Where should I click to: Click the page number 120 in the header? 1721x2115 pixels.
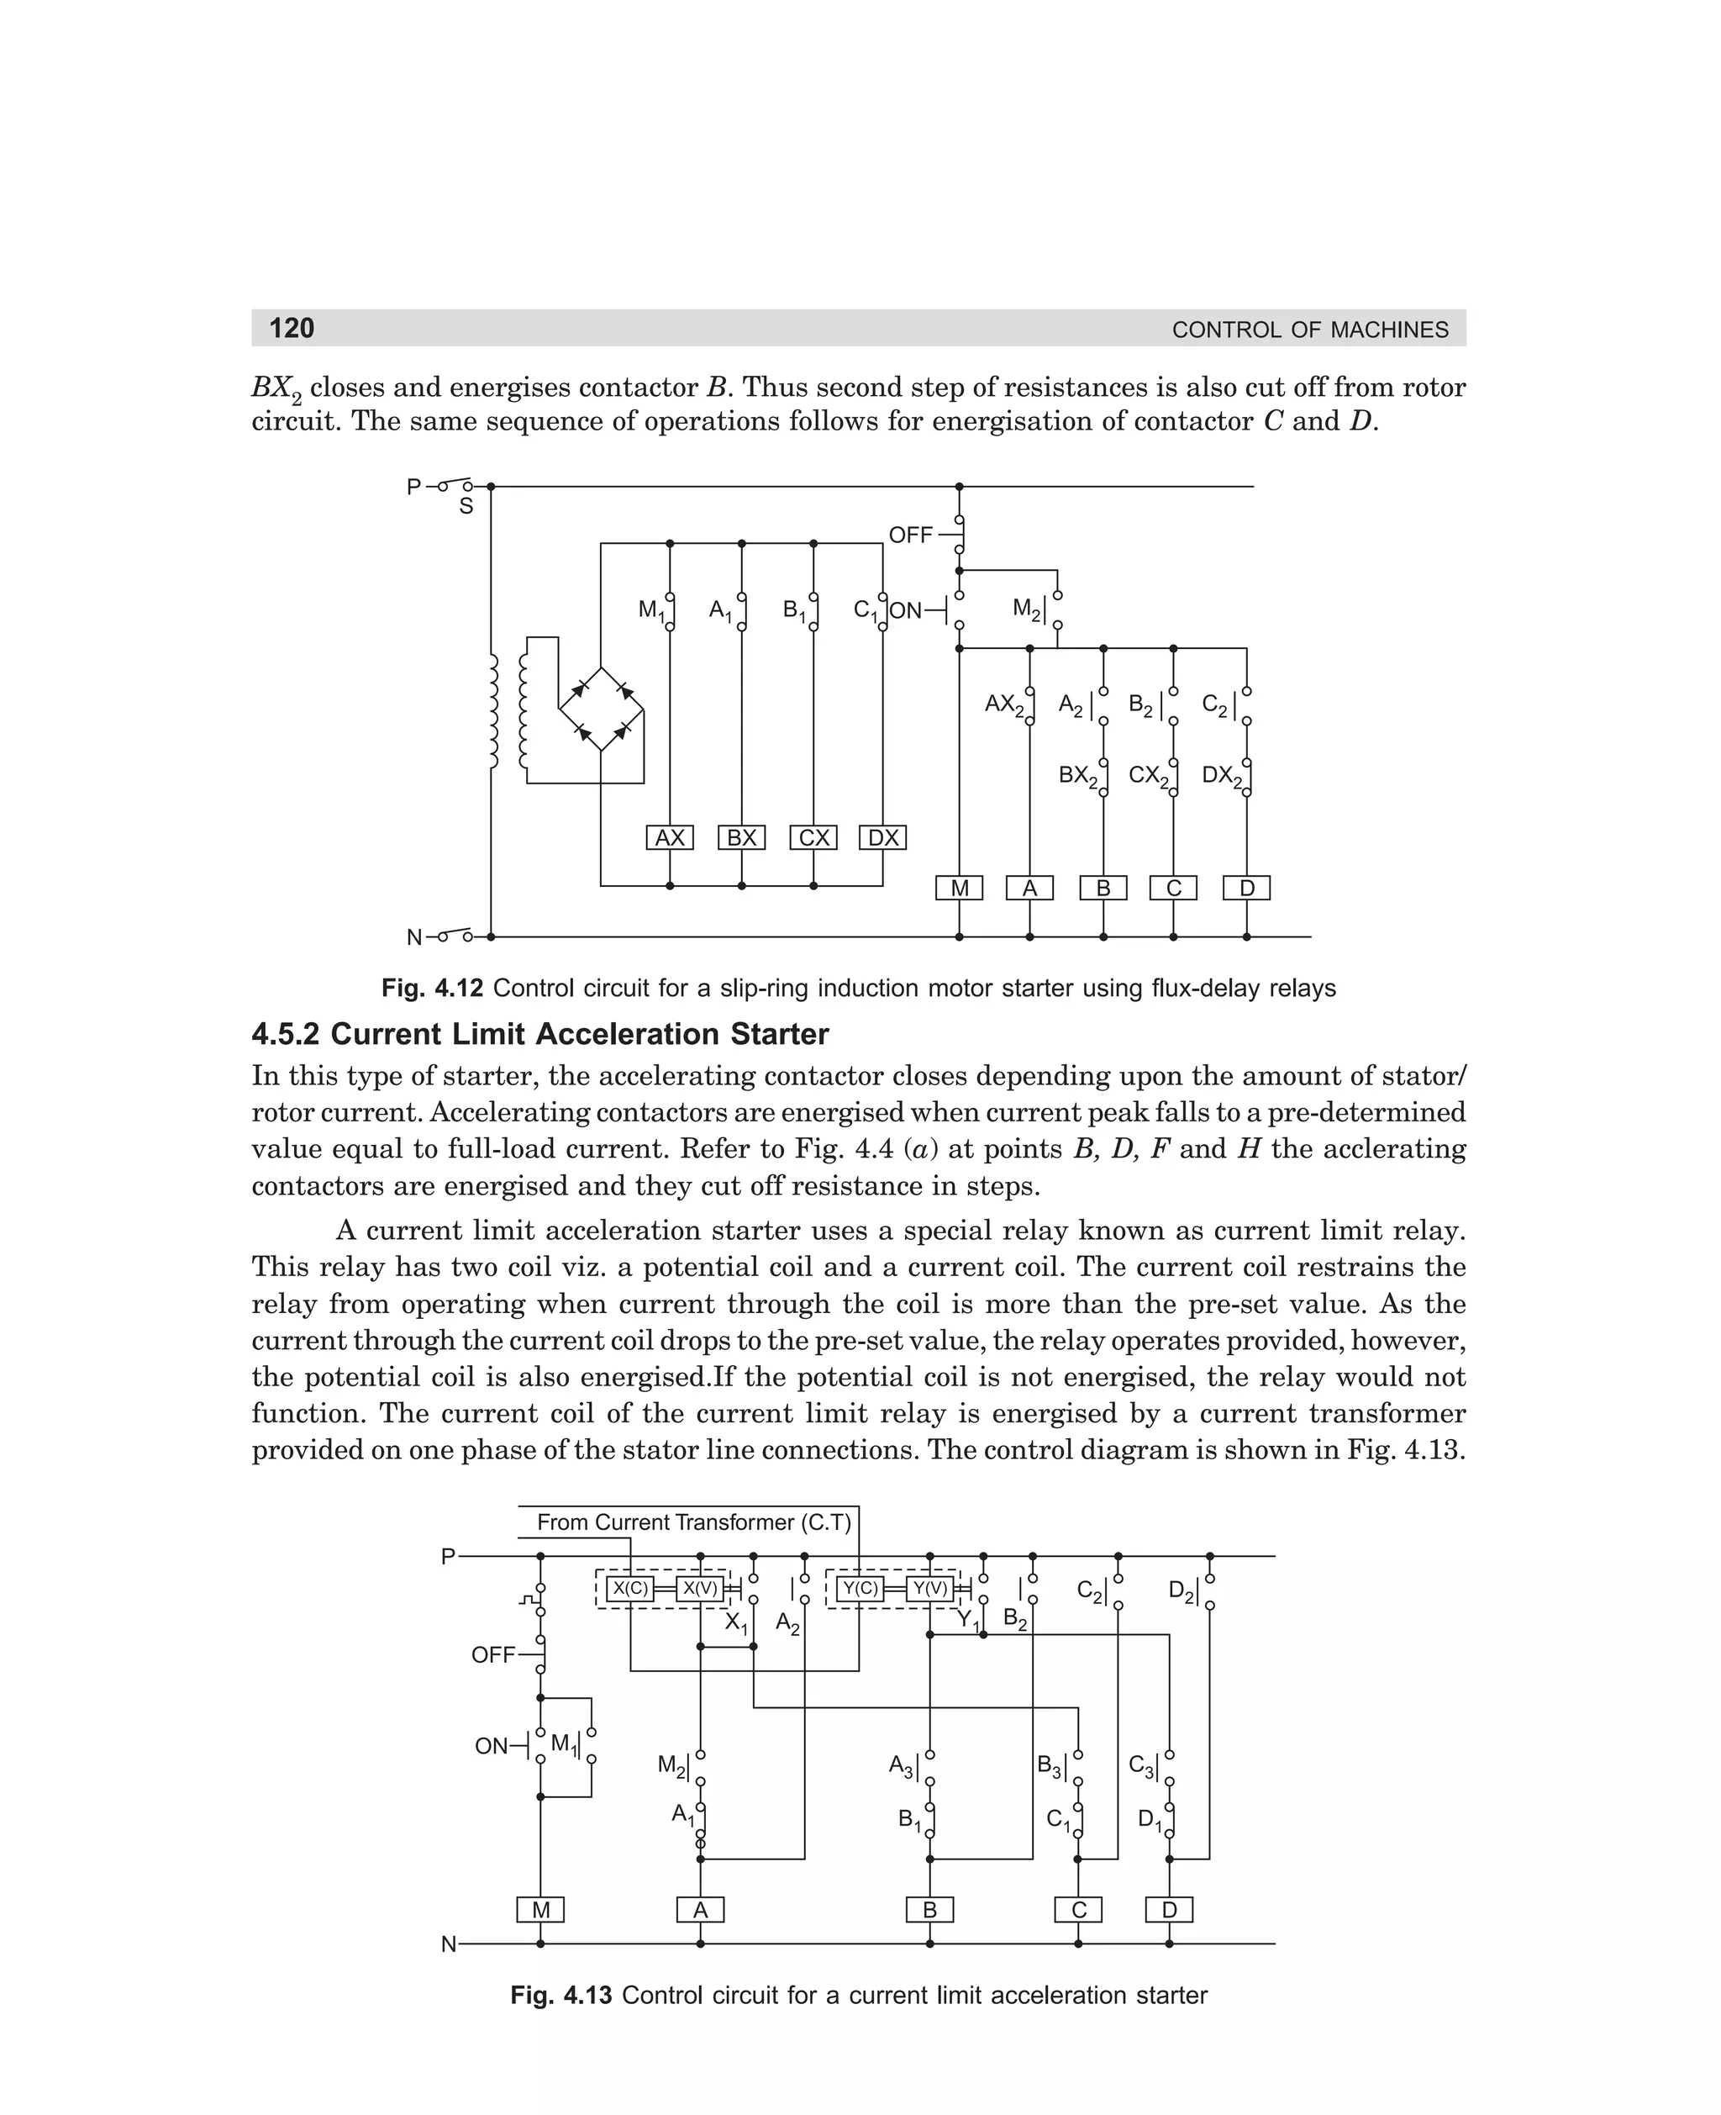click(292, 328)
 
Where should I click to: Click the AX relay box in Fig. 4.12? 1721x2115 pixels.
click(669, 838)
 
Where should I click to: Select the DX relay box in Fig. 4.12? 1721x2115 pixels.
click(882, 838)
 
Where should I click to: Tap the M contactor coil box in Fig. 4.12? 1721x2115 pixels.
click(959, 889)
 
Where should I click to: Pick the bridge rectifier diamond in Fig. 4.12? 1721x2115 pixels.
click(602, 709)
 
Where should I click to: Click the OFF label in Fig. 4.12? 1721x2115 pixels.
click(910, 535)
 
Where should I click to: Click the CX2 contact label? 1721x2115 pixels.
click(1149, 775)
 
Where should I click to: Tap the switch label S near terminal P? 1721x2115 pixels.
click(465, 507)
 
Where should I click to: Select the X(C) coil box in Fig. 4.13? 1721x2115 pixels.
click(630, 1589)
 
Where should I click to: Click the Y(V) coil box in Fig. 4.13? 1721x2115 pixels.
click(930, 1589)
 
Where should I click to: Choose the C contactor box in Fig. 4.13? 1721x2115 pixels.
click(1079, 1910)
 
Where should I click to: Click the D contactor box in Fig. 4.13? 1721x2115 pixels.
click(1169, 1910)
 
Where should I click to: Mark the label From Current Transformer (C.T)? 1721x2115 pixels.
click(694, 1522)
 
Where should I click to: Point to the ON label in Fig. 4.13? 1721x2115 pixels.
click(491, 1745)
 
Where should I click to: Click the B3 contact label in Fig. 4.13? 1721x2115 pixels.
click(1049, 1765)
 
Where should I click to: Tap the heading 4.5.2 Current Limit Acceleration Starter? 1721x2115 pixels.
click(539, 1034)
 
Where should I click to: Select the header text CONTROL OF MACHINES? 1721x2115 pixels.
click(1309, 330)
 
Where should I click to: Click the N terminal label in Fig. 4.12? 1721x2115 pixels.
click(414, 937)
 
